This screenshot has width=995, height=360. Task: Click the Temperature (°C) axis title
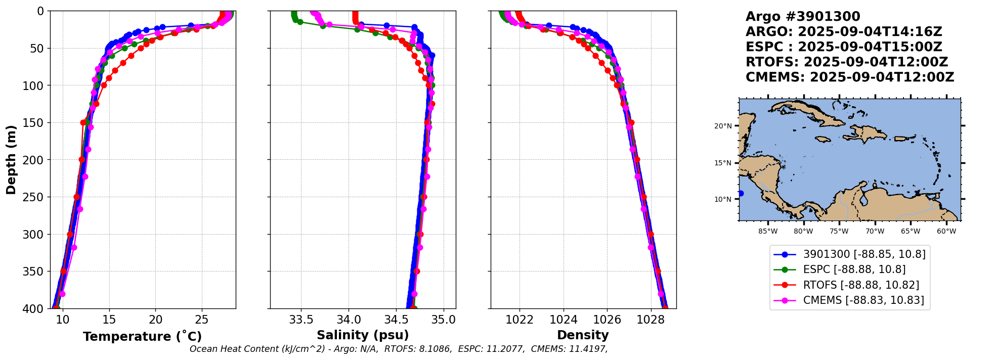point(142,337)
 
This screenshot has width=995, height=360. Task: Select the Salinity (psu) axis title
point(363,335)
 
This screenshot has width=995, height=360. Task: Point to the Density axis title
point(583,335)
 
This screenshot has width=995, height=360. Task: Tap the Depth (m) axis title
point(11,159)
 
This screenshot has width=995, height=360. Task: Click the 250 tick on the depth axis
point(35,197)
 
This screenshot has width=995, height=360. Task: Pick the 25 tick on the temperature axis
point(202,320)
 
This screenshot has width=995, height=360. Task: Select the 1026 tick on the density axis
point(607,320)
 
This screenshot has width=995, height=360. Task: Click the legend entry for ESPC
point(854,269)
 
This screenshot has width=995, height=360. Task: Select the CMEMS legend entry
point(863,300)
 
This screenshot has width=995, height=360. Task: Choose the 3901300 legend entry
point(864,254)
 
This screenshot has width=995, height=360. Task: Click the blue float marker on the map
point(741,194)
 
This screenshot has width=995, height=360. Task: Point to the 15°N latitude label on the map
point(723,163)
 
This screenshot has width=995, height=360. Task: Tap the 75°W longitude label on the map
point(839,232)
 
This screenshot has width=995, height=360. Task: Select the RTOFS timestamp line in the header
point(847,62)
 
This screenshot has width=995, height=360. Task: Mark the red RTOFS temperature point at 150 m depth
point(83,122)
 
